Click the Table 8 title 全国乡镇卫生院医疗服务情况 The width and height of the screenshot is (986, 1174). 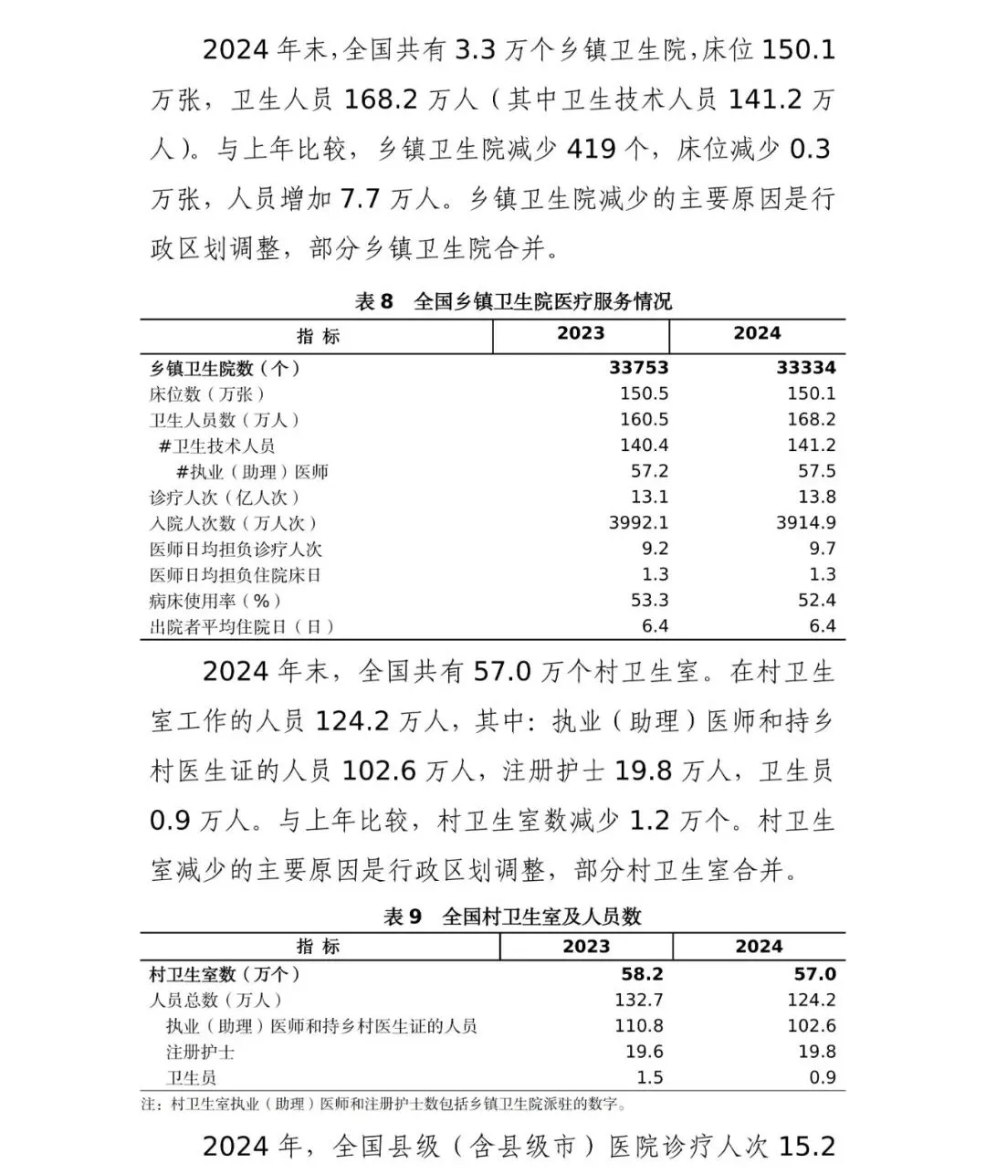click(x=542, y=301)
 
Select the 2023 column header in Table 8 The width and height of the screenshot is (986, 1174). click(x=581, y=333)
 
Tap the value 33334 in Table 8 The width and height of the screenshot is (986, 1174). click(x=806, y=368)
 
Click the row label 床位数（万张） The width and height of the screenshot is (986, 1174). click(x=207, y=394)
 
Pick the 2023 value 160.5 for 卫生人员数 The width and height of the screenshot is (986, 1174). click(x=644, y=420)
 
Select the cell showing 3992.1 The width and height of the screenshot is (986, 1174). click(x=638, y=523)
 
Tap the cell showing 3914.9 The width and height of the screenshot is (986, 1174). click(x=805, y=523)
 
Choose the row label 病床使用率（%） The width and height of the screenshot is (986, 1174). click(x=215, y=601)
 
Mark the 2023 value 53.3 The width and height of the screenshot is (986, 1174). click(x=649, y=601)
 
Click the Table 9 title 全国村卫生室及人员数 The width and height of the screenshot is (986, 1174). click(x=541, y=917)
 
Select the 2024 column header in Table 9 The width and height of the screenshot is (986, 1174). click(x=759, y=947)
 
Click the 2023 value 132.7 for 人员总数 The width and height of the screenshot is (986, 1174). click(x=638, y=1001)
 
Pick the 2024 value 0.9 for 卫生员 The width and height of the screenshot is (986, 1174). click(x=822, y=1078)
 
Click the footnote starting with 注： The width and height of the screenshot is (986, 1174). click(x=384, y=1105)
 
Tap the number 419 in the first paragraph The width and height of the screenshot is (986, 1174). click(x=593, y=148)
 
